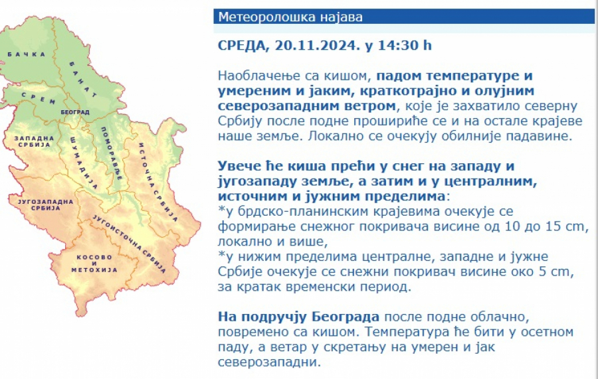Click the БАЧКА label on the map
[27, 54]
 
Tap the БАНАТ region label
[83, 79]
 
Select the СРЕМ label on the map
[39, 98]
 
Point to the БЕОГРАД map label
[75, 112]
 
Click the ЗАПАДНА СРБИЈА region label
[35, 141]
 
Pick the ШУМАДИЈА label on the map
[84, 163]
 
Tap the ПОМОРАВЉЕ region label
[112, 153]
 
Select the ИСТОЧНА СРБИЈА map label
[158, 182]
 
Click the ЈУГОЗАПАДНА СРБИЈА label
[45, 204]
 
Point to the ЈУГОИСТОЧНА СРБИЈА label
[130, 244]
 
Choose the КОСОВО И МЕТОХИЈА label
[94, 264]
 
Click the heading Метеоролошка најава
[290, 17]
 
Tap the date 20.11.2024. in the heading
[318, 45]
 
